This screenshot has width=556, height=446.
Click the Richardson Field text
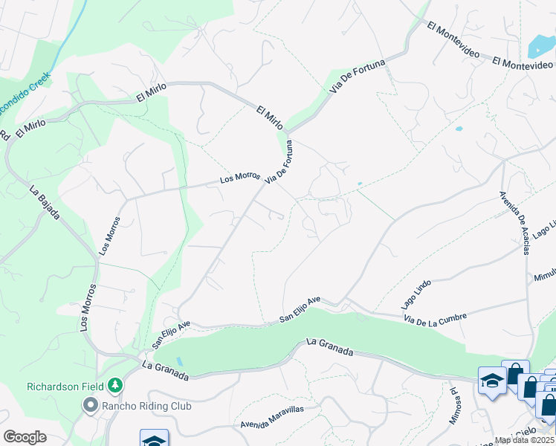click(64, 386)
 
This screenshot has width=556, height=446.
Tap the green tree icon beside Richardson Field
click(115, 385)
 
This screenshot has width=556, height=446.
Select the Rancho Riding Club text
click(146, 406)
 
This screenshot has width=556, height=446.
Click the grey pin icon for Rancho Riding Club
click(91, 406)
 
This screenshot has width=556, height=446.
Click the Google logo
click(25, 437)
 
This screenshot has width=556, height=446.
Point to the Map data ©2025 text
click(524, 439)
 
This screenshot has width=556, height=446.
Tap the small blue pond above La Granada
click(179, 362)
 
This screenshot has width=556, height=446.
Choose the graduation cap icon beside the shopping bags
click(492, 381)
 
